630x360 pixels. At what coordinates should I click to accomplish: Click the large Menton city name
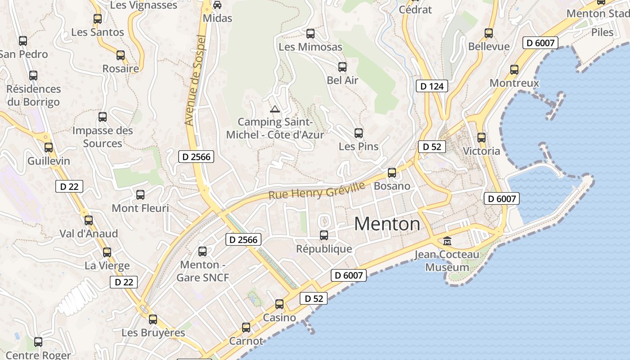387,224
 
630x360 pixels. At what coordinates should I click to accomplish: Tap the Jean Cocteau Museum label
447,261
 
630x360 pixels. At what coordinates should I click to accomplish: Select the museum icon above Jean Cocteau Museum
447,241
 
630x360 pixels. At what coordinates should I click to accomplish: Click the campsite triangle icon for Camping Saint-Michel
274,109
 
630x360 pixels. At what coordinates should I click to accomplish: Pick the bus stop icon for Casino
279,304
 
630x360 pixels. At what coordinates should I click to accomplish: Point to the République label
324,249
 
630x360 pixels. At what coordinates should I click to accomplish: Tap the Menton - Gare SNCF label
202,271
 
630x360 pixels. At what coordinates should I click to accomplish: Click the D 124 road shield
432,86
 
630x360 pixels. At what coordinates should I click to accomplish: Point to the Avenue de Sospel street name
195,81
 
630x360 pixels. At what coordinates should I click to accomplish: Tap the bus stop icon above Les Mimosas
310,34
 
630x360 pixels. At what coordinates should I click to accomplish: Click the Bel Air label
342,80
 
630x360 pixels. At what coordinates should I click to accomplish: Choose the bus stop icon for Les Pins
359,133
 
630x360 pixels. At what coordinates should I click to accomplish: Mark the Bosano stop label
392,186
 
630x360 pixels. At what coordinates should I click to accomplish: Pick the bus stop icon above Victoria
481,138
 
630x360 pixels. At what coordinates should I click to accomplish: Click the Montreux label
514,83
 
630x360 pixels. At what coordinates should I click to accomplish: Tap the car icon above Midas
217,5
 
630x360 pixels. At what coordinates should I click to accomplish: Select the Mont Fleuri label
140,208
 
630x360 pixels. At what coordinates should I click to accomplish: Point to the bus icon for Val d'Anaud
89,220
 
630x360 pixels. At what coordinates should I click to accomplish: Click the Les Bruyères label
153,333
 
